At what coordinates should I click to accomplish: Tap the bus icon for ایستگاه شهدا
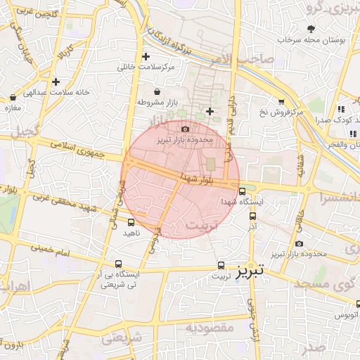pos(243,191)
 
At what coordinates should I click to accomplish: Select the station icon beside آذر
pos(252,217)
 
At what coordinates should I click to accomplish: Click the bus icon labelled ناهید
pos(131,222)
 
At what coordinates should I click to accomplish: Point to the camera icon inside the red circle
pos(185,129)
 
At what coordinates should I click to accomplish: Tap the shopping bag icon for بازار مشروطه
pos(156,92)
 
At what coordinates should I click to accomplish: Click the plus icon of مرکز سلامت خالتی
pos(146,56)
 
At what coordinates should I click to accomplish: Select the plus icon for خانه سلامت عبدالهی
pos(56,82)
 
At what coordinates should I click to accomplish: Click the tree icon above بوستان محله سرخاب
pos(311,28)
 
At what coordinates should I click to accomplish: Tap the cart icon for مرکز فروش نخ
pos(281,102)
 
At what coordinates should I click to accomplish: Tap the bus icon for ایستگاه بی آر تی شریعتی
pos(118,264)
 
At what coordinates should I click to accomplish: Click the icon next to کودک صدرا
pos(341,109)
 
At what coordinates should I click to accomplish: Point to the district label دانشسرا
pos(339,198)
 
